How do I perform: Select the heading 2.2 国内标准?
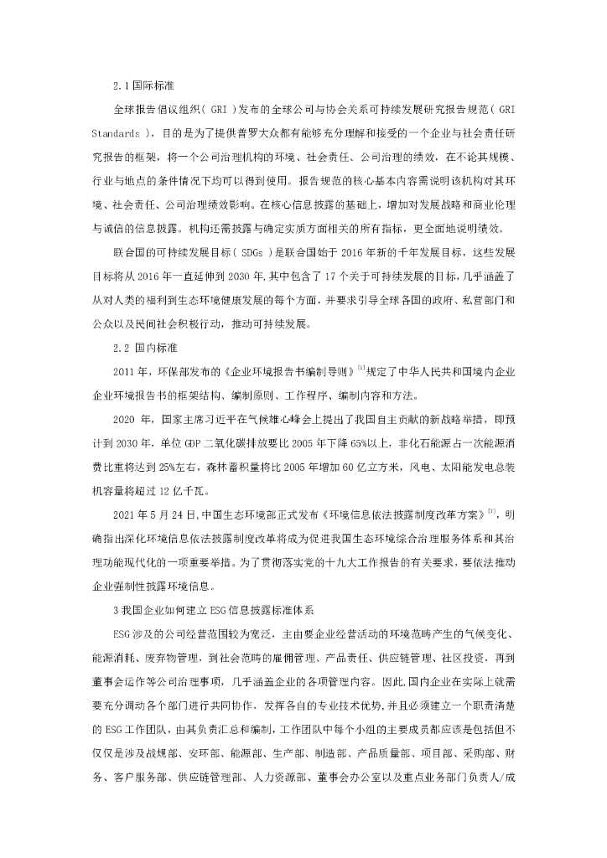tap(144, 347)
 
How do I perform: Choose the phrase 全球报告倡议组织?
tap(143, 110)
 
